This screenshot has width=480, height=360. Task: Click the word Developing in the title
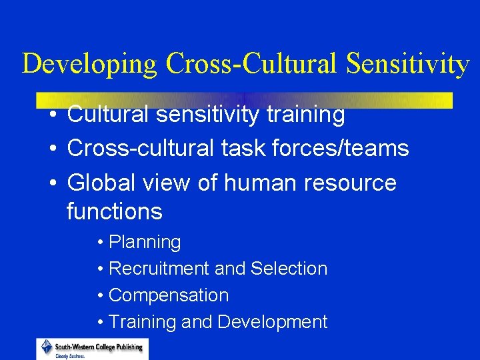(90, 64)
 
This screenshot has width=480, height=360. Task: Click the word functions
(115, 212)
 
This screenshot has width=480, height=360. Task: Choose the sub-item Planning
(145, 243)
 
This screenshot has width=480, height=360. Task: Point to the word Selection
(289, 269)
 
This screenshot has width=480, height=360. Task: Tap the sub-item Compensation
(169, 295)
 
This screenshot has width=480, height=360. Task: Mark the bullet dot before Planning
(99, 243)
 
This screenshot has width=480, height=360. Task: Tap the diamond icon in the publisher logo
(47, 347)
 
